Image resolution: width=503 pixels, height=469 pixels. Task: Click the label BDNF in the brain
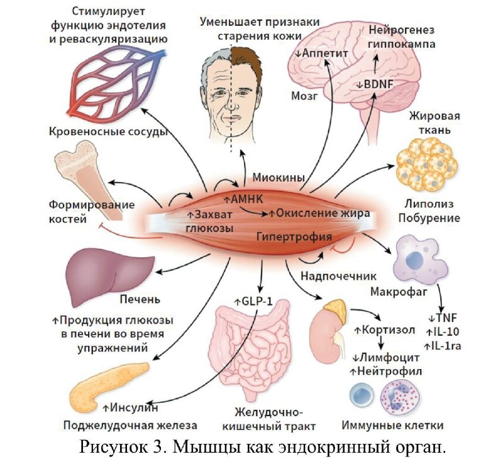(375, 84)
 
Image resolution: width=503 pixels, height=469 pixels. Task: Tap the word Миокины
(274, 175)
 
